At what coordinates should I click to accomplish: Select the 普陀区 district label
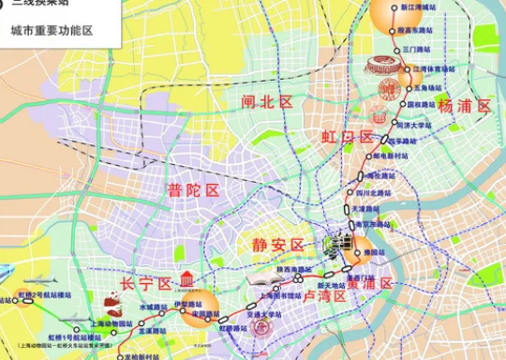click(x=194, y=191)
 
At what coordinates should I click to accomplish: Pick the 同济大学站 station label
click(x=412, y=124)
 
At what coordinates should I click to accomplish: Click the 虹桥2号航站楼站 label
click(x=39, y=294)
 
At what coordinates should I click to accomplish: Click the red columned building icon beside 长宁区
click(x=189, y=278)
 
